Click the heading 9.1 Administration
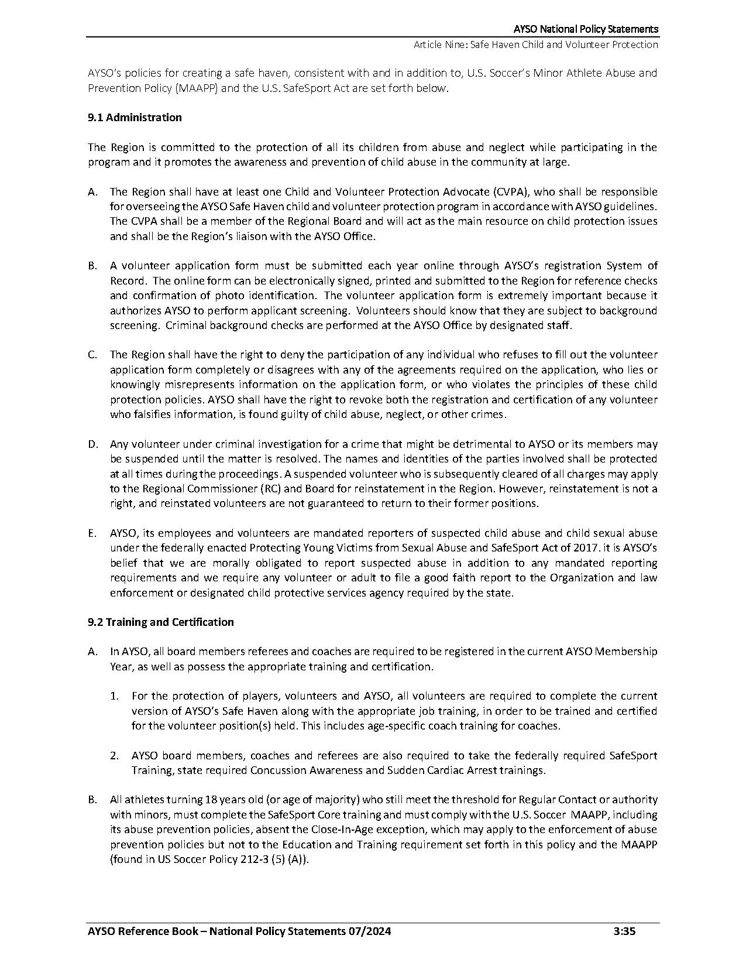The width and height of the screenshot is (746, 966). [x=135, y=117]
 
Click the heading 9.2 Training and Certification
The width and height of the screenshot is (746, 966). [x=161, y=622]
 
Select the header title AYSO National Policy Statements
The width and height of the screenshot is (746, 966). [x=586, y=29]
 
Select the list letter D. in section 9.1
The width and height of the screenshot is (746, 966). [x=93, y=444]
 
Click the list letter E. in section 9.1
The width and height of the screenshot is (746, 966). [x=92, y=533]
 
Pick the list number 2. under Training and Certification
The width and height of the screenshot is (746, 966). [x=115, y=756]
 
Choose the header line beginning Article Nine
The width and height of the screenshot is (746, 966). [x=535, y=44]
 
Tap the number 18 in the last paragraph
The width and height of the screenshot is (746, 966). [x=211, y=800]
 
